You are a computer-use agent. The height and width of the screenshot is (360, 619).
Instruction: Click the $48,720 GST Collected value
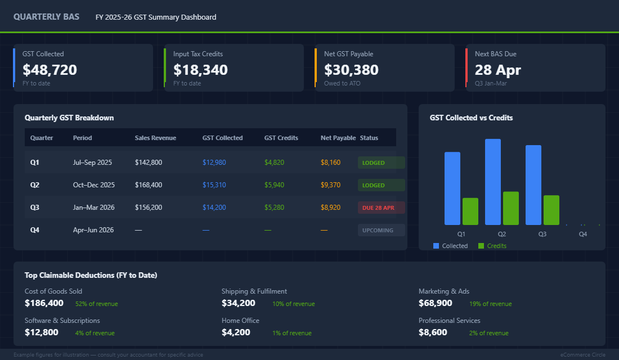50,70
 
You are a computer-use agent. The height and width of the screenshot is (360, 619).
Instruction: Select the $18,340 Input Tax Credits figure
200,70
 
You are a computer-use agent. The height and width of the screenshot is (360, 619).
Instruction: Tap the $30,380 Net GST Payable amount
351,70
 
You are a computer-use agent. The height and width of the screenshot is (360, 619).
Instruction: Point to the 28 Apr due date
497,70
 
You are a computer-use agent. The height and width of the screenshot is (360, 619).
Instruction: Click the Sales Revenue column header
155,138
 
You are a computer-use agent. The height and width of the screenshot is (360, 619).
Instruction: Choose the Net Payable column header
338,138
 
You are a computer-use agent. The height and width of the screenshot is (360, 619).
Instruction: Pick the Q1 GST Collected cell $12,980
214,163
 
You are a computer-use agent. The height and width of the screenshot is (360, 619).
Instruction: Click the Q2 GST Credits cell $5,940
274,185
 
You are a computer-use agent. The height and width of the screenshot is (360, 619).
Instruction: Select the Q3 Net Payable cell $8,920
330,208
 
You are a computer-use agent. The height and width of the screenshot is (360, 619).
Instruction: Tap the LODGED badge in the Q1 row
374,163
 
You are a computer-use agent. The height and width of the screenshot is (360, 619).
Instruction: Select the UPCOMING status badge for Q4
378,230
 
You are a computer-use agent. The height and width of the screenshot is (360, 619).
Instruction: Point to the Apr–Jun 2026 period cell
94,230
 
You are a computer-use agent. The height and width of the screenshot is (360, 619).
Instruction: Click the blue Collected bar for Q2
492,182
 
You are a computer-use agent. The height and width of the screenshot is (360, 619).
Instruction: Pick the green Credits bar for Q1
470,211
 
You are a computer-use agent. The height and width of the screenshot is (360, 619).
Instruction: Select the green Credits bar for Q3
551,210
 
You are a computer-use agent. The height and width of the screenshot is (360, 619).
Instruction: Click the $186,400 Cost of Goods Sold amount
44,303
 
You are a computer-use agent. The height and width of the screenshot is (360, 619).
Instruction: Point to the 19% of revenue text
490,304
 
